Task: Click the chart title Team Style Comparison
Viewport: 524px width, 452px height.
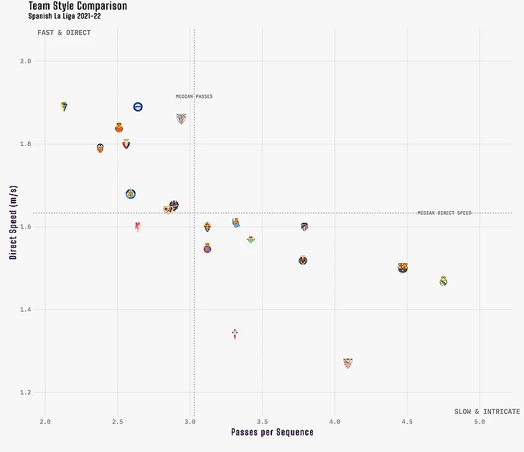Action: click(x=78, y=6)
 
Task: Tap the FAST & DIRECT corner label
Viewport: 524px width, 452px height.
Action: click(x=64, y=33)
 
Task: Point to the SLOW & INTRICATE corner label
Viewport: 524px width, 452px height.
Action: click(x=487, y=412)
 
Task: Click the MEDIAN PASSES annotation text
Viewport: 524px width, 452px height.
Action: click(x=194, y=96)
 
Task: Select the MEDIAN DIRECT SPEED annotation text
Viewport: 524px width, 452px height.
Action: click(x=444, y=213)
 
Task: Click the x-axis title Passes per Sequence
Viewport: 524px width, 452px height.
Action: click(x=272, y=432)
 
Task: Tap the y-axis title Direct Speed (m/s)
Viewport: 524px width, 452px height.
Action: click(x=13, y=222)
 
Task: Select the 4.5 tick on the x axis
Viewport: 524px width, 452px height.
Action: click(x=407, y=422)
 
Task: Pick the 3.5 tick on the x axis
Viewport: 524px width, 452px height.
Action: click(x=262, y=422)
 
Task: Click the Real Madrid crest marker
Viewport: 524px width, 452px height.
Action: click(x=444, y=281)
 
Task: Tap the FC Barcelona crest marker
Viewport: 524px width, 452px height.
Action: click(x=403, y=268)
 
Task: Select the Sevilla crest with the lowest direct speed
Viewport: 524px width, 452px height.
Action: click(x=347, y=363)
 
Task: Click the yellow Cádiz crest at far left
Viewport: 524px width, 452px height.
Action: click(x=65, y=106)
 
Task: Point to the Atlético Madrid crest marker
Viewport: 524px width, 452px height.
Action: click(x=304, y=227)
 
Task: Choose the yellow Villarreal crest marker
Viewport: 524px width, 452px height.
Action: click(x=303, y=260)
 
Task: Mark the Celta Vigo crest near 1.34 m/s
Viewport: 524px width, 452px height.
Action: click(x=235, y=334)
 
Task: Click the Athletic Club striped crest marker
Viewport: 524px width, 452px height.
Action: click(x=181, y=119)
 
